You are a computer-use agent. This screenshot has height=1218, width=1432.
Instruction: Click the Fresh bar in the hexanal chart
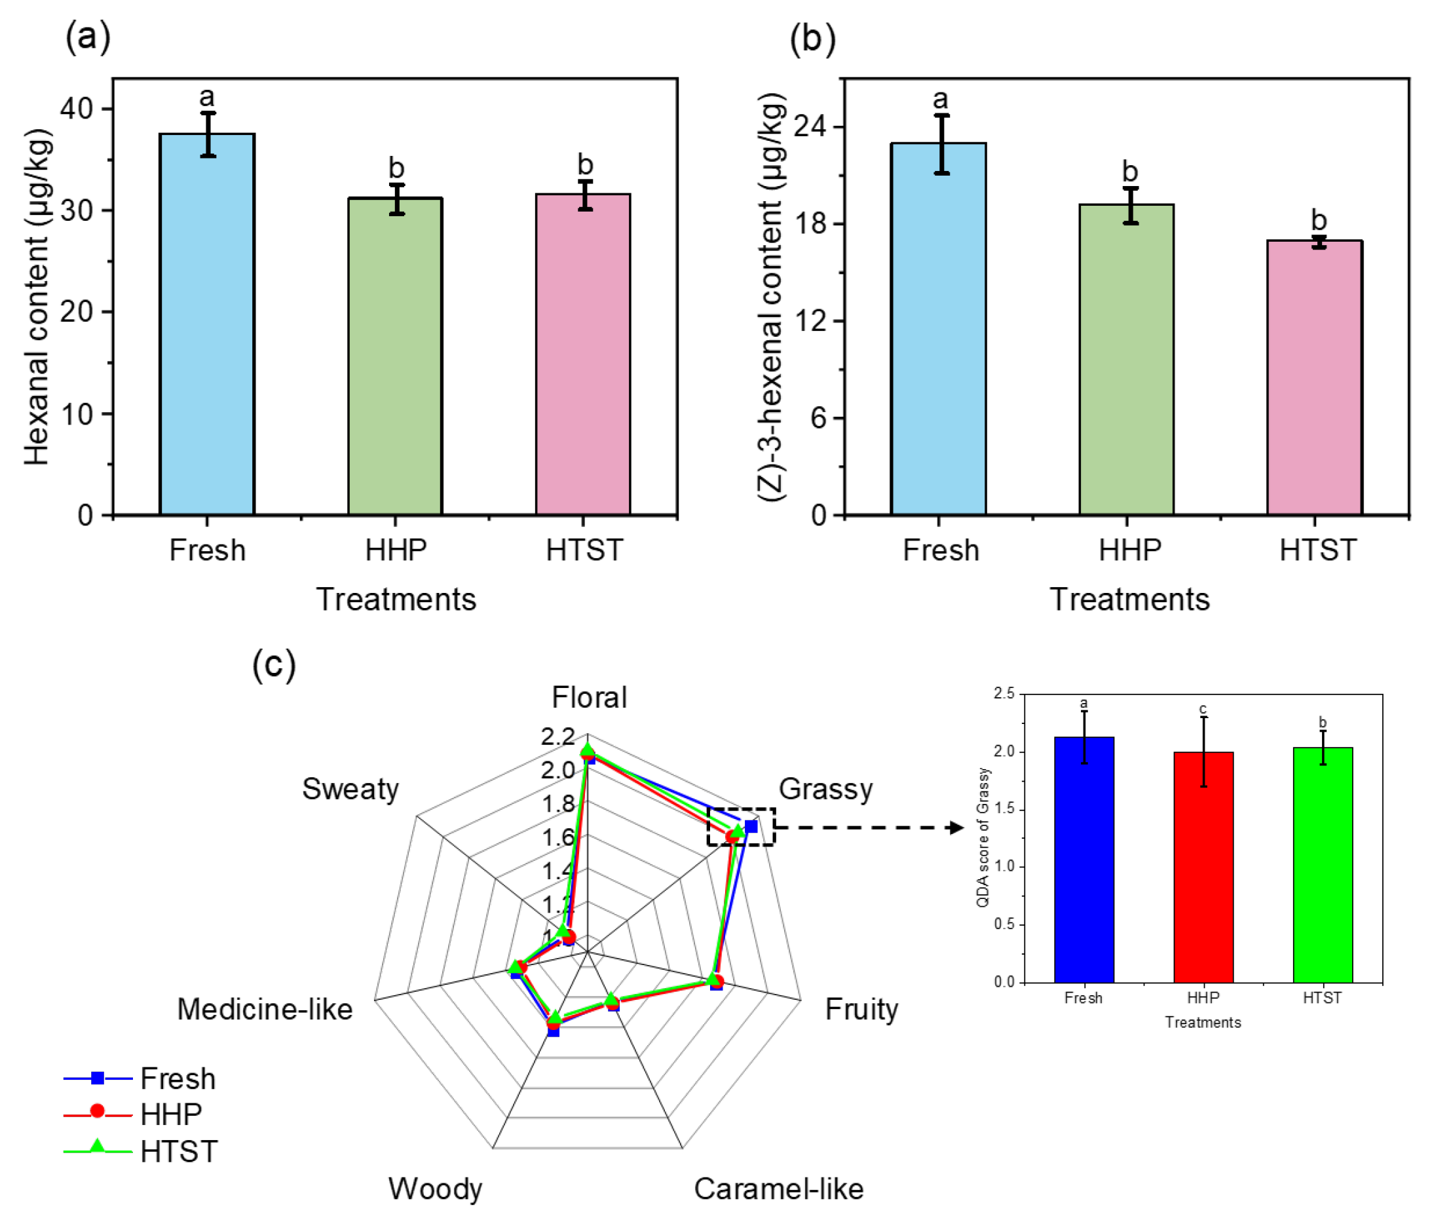(x=206, y=324)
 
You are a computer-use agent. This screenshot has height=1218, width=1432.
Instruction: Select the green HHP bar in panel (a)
(x=394, y=356)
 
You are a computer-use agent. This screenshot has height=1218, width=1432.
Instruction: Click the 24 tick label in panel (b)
(x=810, y=127)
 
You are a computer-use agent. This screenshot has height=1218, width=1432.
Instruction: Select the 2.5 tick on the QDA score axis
(x=1004, y=693)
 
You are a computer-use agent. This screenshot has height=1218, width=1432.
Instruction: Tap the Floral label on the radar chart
(x=589, y=697)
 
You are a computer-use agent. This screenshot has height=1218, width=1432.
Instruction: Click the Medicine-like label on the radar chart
(x=265, y=1009)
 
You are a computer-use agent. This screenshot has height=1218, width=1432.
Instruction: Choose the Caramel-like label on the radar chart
(x=778, y=1189)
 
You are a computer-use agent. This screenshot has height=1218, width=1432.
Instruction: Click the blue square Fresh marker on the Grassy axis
(x=751, y=826)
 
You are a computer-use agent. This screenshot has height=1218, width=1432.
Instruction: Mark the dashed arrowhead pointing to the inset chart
(x=956, y=828)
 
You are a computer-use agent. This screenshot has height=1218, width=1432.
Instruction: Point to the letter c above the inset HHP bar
(x=1202, y=709)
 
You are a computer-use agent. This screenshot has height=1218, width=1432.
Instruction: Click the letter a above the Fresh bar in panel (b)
(x=939, y=100)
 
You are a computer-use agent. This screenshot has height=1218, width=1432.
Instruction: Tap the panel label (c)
(x=273, y=665)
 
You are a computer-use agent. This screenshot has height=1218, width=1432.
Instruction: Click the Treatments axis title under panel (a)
(x=396, y=599)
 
